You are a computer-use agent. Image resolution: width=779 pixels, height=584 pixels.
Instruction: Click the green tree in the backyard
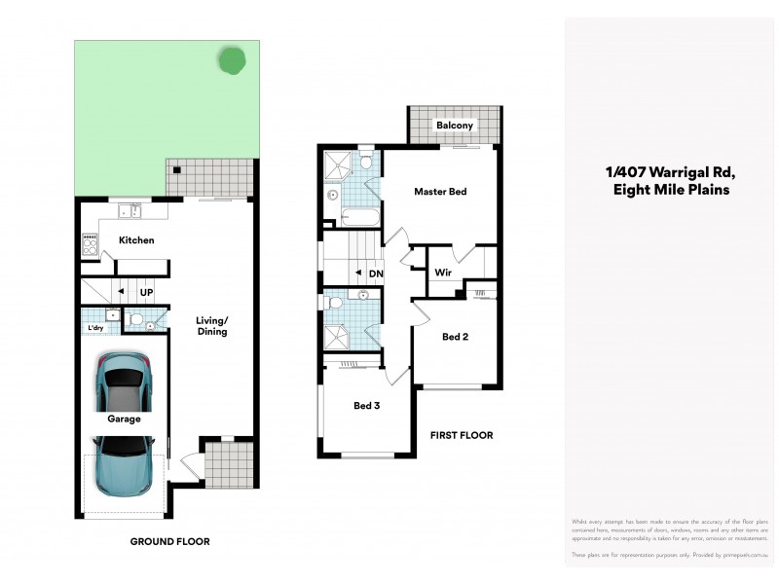coord(233,61)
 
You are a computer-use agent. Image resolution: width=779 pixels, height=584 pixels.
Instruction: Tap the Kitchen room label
coord(136,240)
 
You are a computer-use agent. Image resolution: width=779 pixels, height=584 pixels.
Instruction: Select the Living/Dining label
coord(211,326)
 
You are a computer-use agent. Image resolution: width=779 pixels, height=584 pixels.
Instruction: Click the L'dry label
coord(95,328)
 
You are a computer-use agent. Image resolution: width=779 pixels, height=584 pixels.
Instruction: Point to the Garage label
coord(125,420)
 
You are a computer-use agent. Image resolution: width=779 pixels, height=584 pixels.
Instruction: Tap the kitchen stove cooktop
coord(89,244)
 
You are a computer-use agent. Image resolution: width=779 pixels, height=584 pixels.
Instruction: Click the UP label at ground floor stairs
coord(147,291)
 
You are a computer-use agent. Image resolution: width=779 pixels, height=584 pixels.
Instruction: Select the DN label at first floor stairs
coord(376,274)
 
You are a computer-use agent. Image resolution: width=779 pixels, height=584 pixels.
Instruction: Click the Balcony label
coord(455,126)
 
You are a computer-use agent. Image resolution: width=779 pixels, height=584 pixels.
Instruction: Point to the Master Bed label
coord(440,192)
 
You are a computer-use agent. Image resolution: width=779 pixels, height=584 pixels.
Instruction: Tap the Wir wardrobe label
coord(442,272)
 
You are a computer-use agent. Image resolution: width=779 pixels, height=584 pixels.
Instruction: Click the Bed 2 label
coord(456,337)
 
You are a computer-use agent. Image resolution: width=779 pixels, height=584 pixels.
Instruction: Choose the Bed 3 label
coord(366,405)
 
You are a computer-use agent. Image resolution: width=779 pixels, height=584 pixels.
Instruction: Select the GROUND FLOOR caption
coord(170,541)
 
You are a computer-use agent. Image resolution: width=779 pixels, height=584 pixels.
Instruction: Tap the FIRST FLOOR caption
coord(462,435)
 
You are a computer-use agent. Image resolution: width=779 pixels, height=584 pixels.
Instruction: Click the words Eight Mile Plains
coord(671,191)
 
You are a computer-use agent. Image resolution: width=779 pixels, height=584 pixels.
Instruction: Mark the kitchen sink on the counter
coord(129,210)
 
